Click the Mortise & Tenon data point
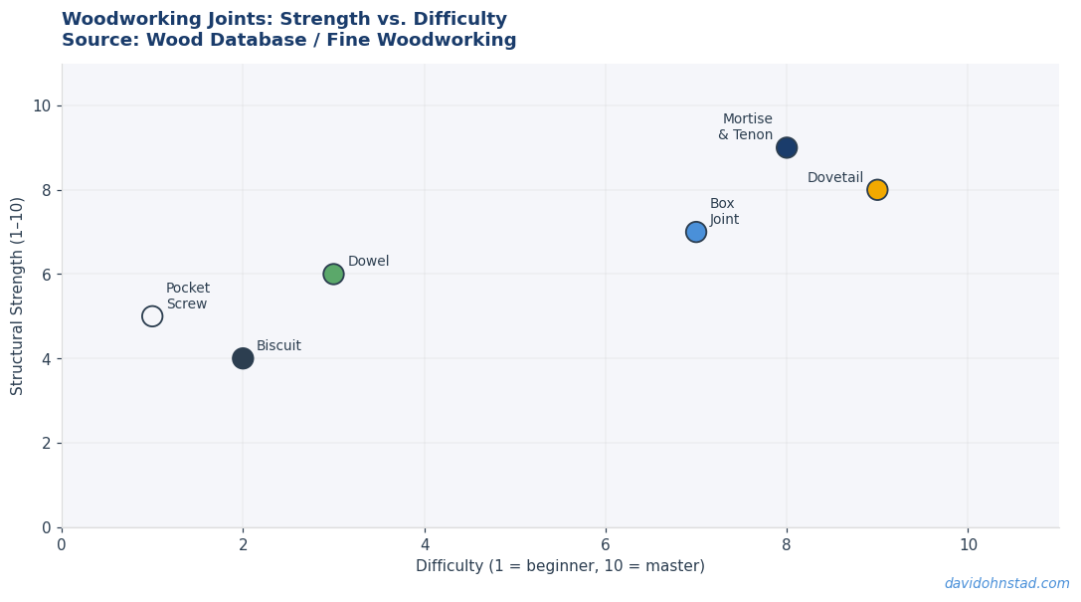coord(787,147)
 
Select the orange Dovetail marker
coord(877,190)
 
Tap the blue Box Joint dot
coord(696,232)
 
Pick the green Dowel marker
coord(334,274)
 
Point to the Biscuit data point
coord(243,358)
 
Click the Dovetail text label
coord(835,177)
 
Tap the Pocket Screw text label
coord(188,296)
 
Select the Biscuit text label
coord(278,345)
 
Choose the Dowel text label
coord(368,262)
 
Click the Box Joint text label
coord(724,211)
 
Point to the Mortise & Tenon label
coord(745,127)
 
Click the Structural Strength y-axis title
coord(17,296)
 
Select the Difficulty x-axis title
coord(560,566)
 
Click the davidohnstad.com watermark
coord(1006,583)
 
